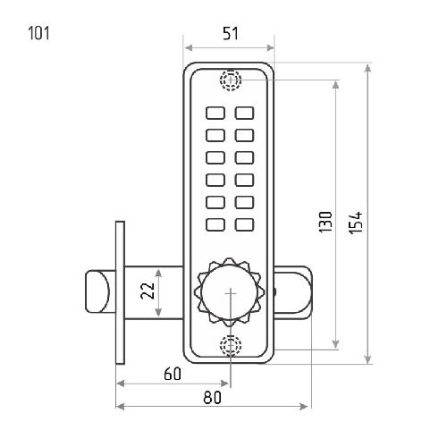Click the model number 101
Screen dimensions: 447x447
[x=38, y=33]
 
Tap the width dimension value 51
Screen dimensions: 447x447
[x=231, y=34]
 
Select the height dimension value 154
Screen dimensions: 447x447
[x=356, y=223]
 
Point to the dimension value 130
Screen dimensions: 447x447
[x=325, y=223]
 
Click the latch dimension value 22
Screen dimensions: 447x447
[x=148, y=291]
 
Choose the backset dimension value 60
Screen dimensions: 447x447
[x=173, y=374]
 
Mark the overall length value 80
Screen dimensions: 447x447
[x=213, y=398]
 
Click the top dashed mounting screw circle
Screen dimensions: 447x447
[x=231, y=80]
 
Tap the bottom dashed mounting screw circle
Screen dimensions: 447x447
[x=231, y=345]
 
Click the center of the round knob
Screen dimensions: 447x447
[x=230, y=293]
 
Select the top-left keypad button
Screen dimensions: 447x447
[x=215, y=113]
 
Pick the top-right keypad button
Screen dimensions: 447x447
[x=244, y=113]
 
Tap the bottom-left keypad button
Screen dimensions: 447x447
[x=215, y=224]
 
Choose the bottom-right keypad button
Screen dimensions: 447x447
[x=244, y=224]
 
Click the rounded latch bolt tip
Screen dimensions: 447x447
[x=97, y=291]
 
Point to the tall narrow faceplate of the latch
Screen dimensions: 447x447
[x=120, y=292]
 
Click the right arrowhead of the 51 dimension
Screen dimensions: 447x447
[x=271, y=47]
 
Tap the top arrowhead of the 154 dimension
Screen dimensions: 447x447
[x=368, y=68]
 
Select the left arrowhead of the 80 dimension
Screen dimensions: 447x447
[x=120, y=407]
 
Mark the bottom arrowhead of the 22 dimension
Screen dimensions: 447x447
[x=158, y=312]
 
